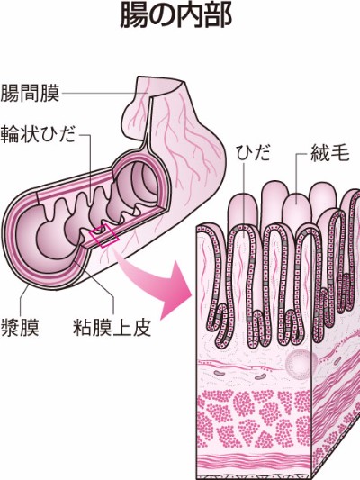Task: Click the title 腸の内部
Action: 175,15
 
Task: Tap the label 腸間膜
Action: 30,93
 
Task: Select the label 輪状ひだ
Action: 38,134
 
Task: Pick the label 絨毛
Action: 330,152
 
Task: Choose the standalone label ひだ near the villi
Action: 253,152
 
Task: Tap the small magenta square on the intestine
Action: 104,236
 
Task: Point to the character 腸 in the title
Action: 133,15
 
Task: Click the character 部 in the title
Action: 219,15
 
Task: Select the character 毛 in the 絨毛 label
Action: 340,152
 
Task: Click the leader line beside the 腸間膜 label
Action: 104,93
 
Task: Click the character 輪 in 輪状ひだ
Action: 10,134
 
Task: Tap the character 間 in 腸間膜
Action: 30,93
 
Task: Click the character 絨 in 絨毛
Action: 320,152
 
